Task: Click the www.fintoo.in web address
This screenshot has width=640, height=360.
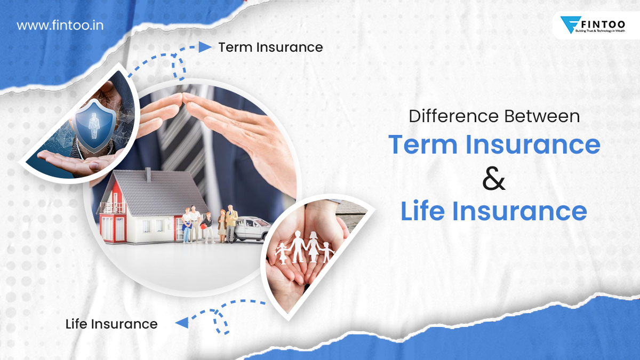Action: tap(60, 25)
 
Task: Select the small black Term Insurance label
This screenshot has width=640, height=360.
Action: tap(270, 47)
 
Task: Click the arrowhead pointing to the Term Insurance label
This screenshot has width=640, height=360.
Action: tap(205, 47)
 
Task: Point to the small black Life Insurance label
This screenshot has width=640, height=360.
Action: tap(111, 323)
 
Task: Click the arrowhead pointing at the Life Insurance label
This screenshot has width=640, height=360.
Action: tap(182, 322)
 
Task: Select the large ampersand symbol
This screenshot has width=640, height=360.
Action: tap(494, 179)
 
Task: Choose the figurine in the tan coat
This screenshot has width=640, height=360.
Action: tap(231, 221)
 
